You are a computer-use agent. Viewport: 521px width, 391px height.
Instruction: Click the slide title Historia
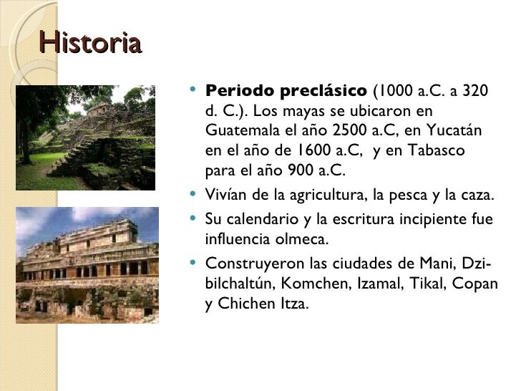pyautogui.click(x=90, y=44)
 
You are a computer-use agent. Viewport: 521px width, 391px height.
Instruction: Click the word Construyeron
pyautogui.click(x=248, y=262)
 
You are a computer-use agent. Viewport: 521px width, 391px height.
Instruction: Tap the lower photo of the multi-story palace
pyautogui.click(x=87, y=265)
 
